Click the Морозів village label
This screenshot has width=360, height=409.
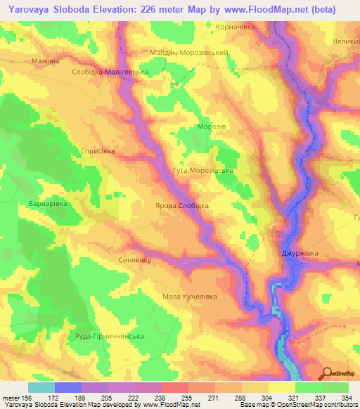[210, 126]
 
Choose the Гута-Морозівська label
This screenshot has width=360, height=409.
[202, 170]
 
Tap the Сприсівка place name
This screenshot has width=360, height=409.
[97, 151]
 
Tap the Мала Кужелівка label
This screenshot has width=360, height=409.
[190, 296]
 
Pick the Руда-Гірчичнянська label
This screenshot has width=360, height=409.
[109, 336]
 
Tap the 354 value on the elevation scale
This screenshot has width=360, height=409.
[347, 398]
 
